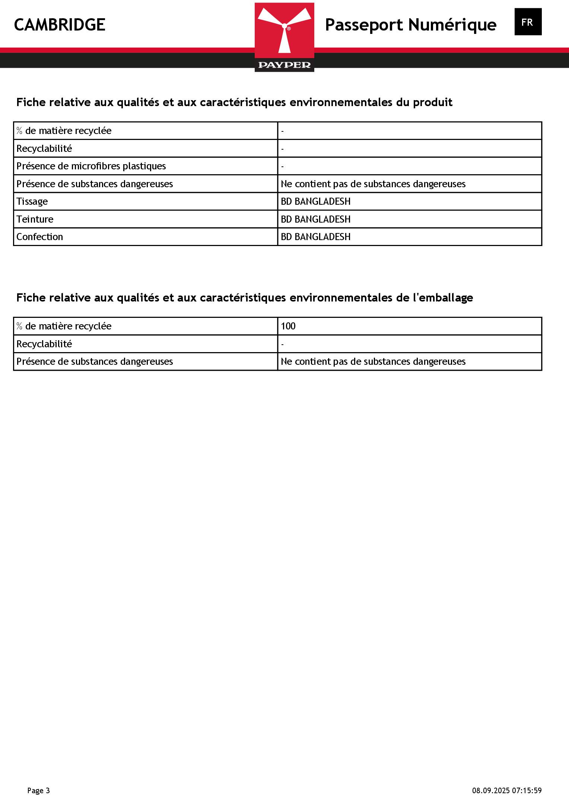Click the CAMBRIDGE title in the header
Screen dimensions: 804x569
[60, 25]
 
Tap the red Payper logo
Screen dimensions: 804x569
[284, 37]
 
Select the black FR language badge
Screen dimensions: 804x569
[528, 22]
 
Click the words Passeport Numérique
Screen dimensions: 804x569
[410, 25]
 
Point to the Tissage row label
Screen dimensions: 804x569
[32, 201]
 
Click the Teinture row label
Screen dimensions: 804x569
[35, 219]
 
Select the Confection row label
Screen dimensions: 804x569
[40, 237]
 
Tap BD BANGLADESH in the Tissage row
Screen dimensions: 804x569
[315, 201]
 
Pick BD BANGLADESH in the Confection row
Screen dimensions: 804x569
[315, 237]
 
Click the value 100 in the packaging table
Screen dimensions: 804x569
[288, 326]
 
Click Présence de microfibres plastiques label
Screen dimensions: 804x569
[91, 166]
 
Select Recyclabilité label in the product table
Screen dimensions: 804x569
[44, 149]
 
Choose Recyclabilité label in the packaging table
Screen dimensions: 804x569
[44, 344]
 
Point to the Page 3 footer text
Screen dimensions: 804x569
[38, 790]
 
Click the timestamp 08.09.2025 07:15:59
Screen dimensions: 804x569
[507, 790]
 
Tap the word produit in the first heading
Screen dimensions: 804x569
[432, 102]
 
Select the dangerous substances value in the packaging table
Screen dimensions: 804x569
[373, 361]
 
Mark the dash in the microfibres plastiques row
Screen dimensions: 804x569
[283, 166]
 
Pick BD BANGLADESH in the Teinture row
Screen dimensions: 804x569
[315, 219]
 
